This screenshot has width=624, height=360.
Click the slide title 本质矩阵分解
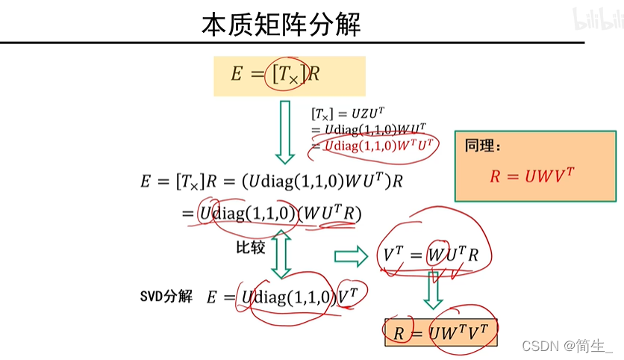tap(281, 24)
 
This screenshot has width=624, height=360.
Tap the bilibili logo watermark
tap(597, 20)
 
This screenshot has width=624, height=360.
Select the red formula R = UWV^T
tap(532, 176)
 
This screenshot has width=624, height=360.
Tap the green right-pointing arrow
tap(351, 256)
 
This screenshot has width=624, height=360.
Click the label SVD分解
tap(166, 296)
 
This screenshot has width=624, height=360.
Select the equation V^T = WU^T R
tap(431, 255)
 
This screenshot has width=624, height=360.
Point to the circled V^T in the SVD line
tap(348, 297)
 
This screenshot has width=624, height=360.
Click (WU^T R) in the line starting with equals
tap(329, 214)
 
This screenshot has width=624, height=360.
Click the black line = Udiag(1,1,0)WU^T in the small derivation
tap(369, 129)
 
